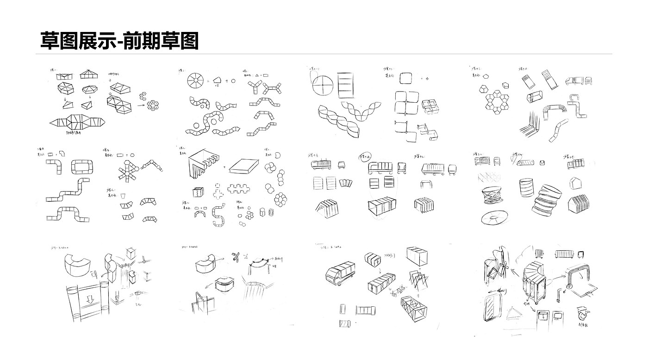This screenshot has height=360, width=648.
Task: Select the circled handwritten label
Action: click(x=365, y=157)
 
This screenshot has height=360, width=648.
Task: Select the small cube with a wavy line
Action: click(x=198, y=191)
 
